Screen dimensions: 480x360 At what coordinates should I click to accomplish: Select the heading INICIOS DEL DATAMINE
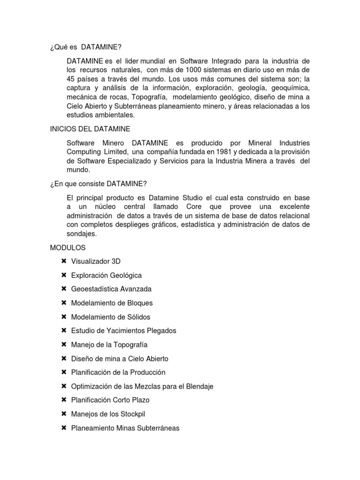[x=90, y=128]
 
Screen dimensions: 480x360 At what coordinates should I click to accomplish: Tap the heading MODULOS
[x=68, y=247]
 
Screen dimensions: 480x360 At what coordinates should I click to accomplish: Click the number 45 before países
[x=72, y=79]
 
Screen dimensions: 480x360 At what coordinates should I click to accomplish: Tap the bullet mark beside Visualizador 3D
[x=64, y=261]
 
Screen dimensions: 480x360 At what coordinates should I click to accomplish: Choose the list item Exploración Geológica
[x=106, y=275]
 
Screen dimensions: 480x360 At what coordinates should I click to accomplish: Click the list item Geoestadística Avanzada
[x=111, y=289]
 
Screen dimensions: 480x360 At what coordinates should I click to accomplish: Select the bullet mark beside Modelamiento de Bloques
[x=64, y=303]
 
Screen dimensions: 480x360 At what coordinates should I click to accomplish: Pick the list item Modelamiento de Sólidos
[x=111, y=317]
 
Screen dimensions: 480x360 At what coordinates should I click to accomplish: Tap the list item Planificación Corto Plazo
[x=110, y=400]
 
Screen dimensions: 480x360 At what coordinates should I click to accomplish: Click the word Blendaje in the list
[x=199, y=386]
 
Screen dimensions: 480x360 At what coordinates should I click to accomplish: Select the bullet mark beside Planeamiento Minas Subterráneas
[x=64, y=428]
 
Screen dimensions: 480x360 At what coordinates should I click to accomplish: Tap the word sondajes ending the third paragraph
[x=82, y=233]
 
